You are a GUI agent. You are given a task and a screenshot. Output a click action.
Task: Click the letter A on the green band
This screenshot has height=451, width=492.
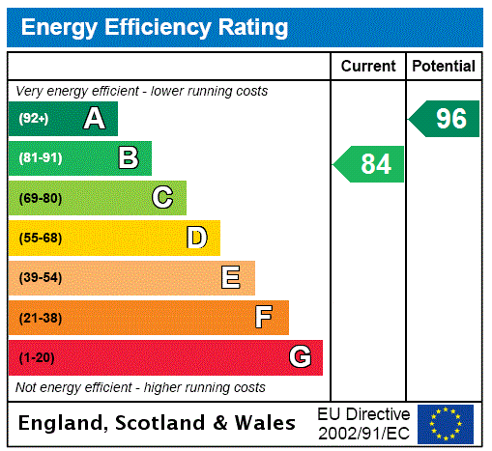(94, 119)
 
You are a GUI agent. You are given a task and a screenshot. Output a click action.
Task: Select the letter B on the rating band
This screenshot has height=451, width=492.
(129, 157)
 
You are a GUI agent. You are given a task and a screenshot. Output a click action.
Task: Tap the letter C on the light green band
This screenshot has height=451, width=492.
(162, 198)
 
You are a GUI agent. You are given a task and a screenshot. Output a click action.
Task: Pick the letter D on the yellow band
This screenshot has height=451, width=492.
(197, 238)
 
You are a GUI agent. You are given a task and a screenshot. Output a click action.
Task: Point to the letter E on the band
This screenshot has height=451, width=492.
(231, 278)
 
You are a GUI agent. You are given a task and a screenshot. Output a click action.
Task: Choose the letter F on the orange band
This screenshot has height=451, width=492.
(264, 317)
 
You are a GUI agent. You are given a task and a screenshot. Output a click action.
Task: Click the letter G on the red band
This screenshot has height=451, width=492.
(300, 357)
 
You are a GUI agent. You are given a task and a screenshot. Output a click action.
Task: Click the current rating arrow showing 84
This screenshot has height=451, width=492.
(369, 164)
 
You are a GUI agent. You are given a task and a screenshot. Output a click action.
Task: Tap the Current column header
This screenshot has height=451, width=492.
(368, 67)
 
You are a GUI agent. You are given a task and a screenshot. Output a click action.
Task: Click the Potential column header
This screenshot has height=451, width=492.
(444, 67)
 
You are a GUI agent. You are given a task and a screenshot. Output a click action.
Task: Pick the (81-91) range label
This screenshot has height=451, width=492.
(40, 157)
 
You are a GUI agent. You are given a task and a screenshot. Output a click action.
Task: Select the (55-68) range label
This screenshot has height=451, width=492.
(40, 238)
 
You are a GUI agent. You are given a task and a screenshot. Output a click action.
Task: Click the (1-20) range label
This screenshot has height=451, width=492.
(37, 357)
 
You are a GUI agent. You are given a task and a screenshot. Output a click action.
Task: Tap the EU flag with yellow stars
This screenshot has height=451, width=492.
(446, 423)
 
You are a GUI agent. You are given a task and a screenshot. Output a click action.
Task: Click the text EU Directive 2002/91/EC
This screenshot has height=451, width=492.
(363, 423)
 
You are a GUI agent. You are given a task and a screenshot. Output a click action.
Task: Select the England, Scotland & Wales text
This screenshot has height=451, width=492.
(158, 423)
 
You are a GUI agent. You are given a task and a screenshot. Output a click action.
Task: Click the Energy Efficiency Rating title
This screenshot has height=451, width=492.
(155, 28)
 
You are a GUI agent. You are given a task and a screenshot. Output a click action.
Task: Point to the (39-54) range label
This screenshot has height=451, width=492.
(40, 278)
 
